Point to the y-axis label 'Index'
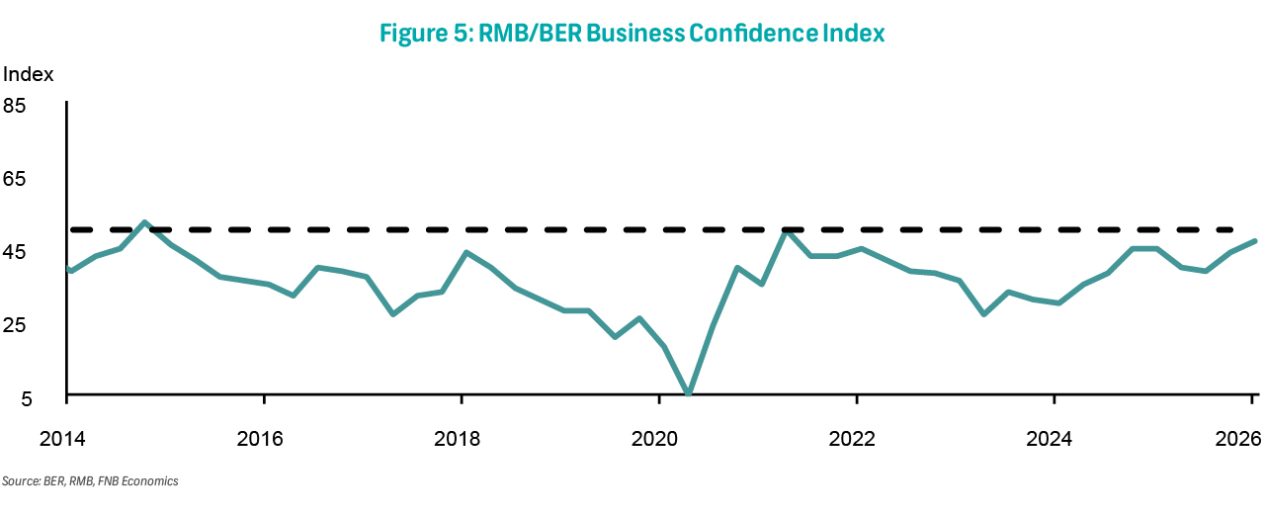click(x=29, y=74)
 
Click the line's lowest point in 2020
click(x=688, y=393)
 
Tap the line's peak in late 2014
click(x=145, y=222)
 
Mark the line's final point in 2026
click(x=1255, y=241)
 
